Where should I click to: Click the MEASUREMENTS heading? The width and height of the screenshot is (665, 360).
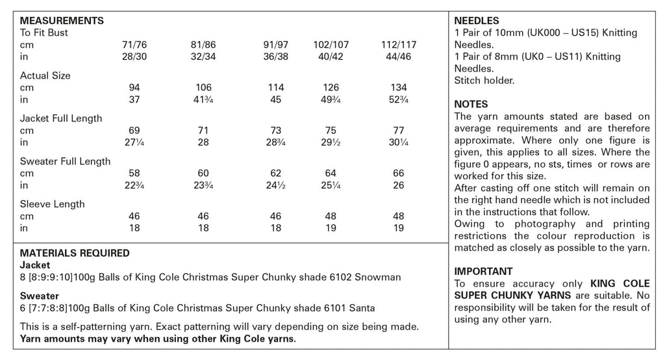62,21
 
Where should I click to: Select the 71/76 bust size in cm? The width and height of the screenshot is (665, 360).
135,45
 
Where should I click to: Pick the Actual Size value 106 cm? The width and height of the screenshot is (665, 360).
203,88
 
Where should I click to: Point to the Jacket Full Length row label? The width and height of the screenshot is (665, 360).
61,118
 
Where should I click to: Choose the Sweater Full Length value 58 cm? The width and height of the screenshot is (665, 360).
135,174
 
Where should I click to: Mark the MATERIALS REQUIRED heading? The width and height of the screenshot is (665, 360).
75,253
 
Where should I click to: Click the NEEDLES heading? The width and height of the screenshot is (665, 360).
477,21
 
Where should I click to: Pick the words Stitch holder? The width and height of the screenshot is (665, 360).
484,81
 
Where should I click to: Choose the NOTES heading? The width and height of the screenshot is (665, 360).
471,104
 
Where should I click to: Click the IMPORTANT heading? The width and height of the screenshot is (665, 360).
483,271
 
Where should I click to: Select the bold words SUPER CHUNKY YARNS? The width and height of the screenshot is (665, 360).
513,295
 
